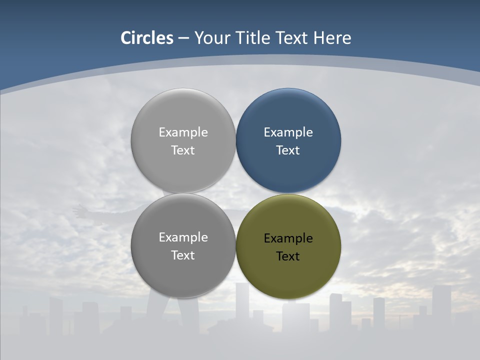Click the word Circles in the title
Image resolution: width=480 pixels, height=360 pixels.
pos(146,38)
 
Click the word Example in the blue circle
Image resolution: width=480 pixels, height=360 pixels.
pos(288,132)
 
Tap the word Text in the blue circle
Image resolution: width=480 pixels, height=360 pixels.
pos(288,150)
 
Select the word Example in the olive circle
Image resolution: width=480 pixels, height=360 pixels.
pos(288,238)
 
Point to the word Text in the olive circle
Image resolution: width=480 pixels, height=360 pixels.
pos(288,256)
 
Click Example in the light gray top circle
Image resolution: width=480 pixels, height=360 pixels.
pos(183,132)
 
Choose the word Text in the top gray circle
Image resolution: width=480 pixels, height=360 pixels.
pos(183,150)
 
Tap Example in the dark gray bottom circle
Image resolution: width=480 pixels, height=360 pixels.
pos(183,237)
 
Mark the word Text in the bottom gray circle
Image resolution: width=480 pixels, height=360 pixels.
pos(183,255)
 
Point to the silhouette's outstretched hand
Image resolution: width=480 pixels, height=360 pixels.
pos(79,210)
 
